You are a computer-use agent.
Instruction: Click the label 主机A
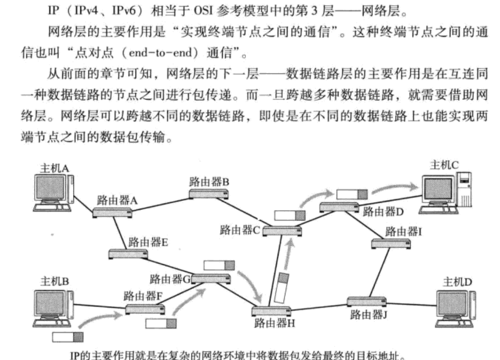[x=57, y=168]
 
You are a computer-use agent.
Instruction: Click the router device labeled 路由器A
[x=112, y=212]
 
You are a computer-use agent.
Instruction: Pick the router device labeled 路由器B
[x=208, y=194]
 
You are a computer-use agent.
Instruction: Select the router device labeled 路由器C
[x=282, y=231]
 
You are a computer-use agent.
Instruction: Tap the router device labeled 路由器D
[x=339, y=207]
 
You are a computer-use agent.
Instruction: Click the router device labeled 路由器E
[x=128, y=253]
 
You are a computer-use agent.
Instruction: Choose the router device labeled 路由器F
[x=145, y=309]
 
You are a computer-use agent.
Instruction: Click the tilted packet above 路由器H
[x=282, y=288]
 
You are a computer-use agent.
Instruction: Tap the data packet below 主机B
[x=68, y=336]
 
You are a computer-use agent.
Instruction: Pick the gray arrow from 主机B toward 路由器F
[x=98, y=317]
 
